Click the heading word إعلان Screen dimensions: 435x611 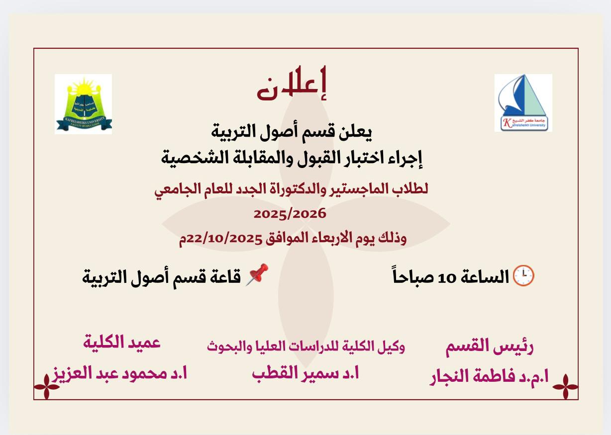[x=292, y=85]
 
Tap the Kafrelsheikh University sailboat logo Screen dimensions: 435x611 [x=523, y=103]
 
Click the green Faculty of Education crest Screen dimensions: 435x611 [x=83, y=104]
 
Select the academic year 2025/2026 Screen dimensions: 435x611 [x=290, y=214]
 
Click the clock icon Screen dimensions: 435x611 [x=523, y=275]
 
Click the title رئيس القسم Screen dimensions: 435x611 [x=490, y=347]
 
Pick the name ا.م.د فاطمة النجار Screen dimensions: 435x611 [x=489, y=376]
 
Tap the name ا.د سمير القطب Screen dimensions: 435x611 [x=305, y=373]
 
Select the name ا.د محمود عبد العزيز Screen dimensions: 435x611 [x=120, y=373]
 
